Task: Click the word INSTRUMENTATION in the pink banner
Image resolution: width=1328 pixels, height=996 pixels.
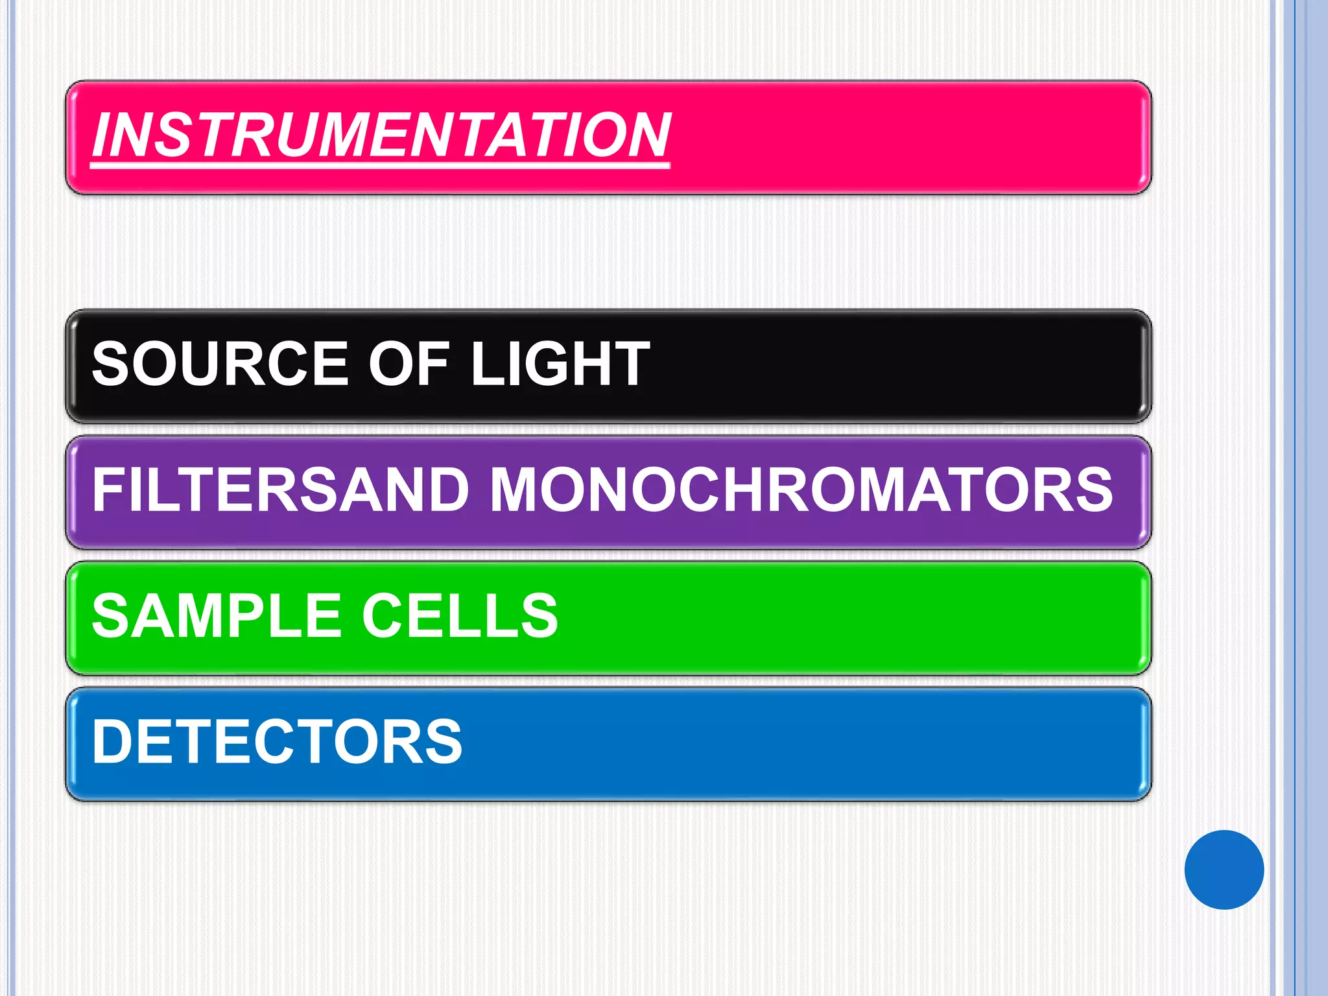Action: coord(381,135)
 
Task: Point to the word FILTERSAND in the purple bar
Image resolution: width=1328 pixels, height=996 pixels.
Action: coord(280,490)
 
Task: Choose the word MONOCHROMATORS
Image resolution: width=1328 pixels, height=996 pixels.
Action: coord(801,490)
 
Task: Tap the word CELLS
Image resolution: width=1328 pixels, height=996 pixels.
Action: coord(459,615)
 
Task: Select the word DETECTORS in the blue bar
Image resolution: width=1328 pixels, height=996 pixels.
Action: coord(278,741)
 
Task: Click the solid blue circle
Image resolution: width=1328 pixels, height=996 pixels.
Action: coord(1224,870)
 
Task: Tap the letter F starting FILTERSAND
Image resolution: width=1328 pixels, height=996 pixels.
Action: coord(108,490)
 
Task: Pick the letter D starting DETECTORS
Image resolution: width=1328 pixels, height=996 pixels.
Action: coord(112,741)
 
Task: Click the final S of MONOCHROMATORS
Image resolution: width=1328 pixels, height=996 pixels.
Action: coord(1093,490)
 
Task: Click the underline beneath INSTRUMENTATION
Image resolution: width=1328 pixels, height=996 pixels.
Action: coord(380,166)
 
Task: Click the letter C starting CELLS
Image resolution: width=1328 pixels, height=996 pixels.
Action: coord(384,615)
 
